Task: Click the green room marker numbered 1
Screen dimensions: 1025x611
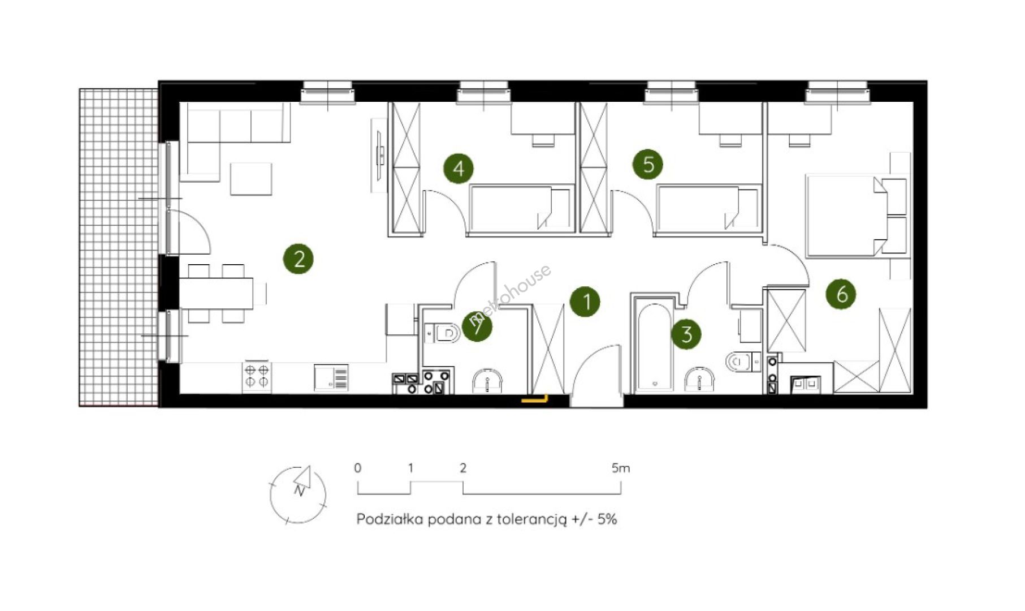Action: pyautogui.click(x=585, y=302)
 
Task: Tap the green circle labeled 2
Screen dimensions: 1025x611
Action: pyautogui.click(x=299, y=259)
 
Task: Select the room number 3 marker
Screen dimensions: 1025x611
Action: pyautogui.click(x=686, y=334)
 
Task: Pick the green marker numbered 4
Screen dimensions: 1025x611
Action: pyautogui.click(x=459, y=168)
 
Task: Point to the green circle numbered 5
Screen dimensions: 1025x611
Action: pyautogui.click(x=648, y=164)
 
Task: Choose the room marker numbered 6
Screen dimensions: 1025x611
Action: pyautogui.click(x=841, y=294)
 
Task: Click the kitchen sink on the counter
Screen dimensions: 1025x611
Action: pyautogui.click(x=331, y=377)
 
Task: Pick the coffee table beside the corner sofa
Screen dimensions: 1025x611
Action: pyautogui.click(x=251, y=179)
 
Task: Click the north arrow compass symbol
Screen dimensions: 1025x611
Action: pyautogui.click(x=298, y=494)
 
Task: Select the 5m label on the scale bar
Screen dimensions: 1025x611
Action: pyautogui.click(x=620, y=468)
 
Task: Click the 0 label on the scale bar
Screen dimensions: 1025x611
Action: pyautogui.click(x=357, y=468)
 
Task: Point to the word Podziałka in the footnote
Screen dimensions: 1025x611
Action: pyautogui.click(x=390, y=519)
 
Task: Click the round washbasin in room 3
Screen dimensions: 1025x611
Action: pyautogui.click(x=699, y=379)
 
